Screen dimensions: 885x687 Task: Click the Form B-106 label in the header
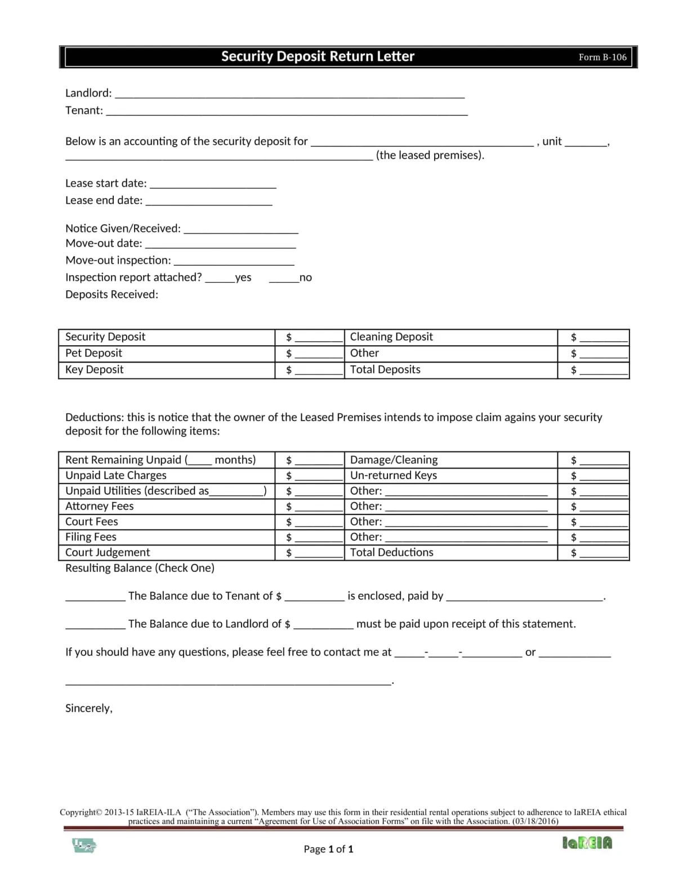click(x=602, y=57)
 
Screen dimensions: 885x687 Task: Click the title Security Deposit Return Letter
click(x=318, y=56)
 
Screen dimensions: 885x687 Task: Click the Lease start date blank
click(x=213, y=185)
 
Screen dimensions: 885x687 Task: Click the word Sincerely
click(x=89, y=708)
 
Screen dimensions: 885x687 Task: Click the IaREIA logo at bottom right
click(x=587, y=843)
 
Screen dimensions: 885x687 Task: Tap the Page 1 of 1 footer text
click(x=328, y=849)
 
